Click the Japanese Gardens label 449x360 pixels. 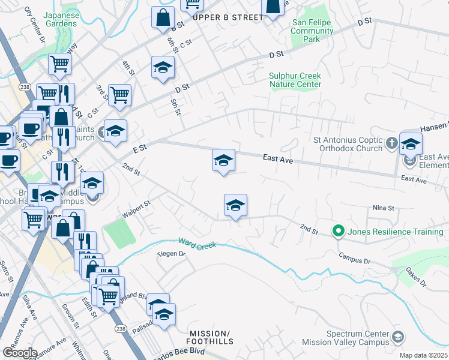[61, 19]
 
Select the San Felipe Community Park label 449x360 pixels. [312, 31]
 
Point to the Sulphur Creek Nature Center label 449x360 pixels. [295, 80]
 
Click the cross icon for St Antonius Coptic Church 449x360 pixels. [391, 143]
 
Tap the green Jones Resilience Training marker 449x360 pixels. [338, 231]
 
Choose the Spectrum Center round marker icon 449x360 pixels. [397, 338]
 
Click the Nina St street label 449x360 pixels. [382, 208]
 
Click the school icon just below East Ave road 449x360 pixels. [223, 160]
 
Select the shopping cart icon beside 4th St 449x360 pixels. [119, 94]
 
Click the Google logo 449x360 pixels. [20, 352]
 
